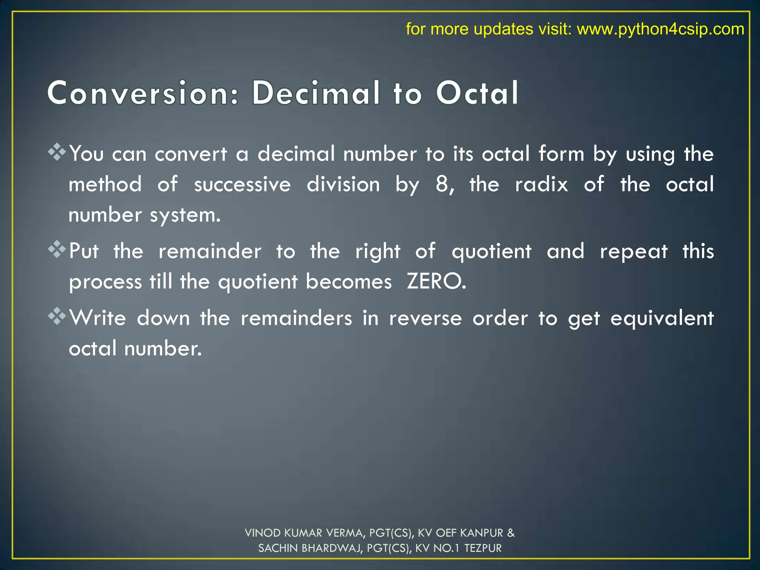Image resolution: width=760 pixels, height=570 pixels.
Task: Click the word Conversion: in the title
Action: tap(143, 94)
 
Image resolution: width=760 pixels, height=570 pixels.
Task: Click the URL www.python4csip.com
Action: tap(660, 29)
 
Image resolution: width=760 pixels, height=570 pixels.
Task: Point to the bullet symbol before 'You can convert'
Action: tap(57, 152)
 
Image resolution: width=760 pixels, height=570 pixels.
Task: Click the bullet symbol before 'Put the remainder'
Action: tap(57, 249)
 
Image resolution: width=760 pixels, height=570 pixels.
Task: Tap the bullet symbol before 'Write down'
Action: tap(57, 316)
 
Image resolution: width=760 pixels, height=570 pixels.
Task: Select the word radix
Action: tap(541, 184)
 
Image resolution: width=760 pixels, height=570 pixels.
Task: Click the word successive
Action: tap(242, 185)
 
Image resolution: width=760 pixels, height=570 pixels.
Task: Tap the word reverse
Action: tap(426, 319)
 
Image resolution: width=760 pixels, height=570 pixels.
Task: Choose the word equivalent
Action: tap(662, 319)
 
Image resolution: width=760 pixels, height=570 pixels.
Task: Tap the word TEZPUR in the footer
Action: tap(483, 548)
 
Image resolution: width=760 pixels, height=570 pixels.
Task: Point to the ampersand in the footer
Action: tap(511, 533)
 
